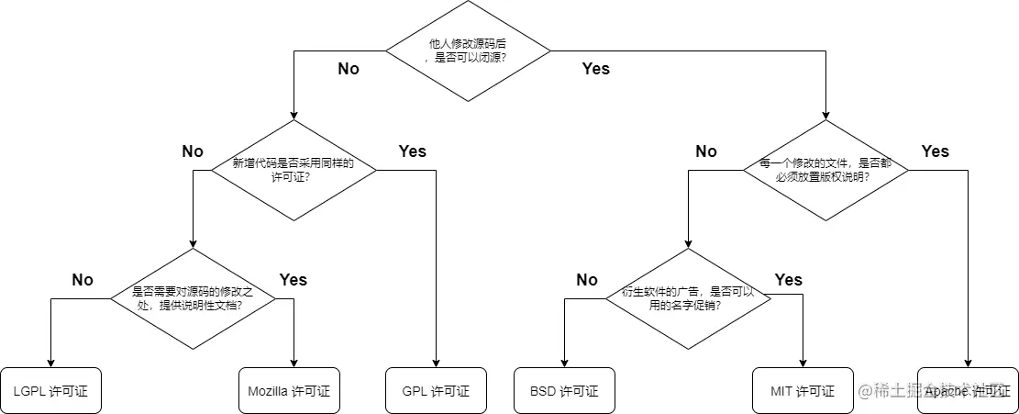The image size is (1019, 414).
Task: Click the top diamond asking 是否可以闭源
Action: pyautogui.click(x=467, y=50)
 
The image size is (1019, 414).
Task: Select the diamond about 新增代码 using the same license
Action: pyautogui.click(x=294, y=170)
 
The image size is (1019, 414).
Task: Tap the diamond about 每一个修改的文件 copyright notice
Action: pyautogui.click(x=825, y=170)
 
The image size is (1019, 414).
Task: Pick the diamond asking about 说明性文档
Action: pyautogui.click(x=193, y=298)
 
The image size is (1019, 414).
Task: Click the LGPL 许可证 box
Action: pyautogui.click(x=50, y=391)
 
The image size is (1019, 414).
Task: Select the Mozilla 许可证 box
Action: pyautogui.click(x=289, y=391)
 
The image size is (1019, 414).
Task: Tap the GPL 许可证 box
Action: pyautogui.click(x=436, y=391)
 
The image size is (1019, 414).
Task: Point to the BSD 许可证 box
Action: pyautogui.click(x=564, y=391)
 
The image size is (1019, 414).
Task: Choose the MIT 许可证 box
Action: pyautogui.click(x=803, y=391)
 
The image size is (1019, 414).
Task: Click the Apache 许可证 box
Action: pyautogui.click(x=968, y=391)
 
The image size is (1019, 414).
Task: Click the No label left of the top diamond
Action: pyautogui.click(x=349, y=69)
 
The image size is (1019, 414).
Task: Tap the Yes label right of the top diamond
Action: pyautogui.click(x=595, y=69)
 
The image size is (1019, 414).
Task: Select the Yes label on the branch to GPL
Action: pyautogui.click(x=412, y=151)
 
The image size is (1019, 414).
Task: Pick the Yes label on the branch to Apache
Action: pyautogui.click(x=935, y=151)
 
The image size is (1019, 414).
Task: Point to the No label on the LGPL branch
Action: pyautogui.click(x=83, y=280)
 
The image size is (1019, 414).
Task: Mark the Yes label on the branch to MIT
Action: pyautogui.click(x=788, y=280)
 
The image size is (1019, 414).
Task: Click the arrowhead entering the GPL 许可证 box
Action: pyautogui.click(x=436, y=362)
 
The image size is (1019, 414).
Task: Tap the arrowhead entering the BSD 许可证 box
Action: pyautogui.click(x=564, y=362)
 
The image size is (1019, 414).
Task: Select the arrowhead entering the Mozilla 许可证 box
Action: pyautogui.click(x=294, y=362)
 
